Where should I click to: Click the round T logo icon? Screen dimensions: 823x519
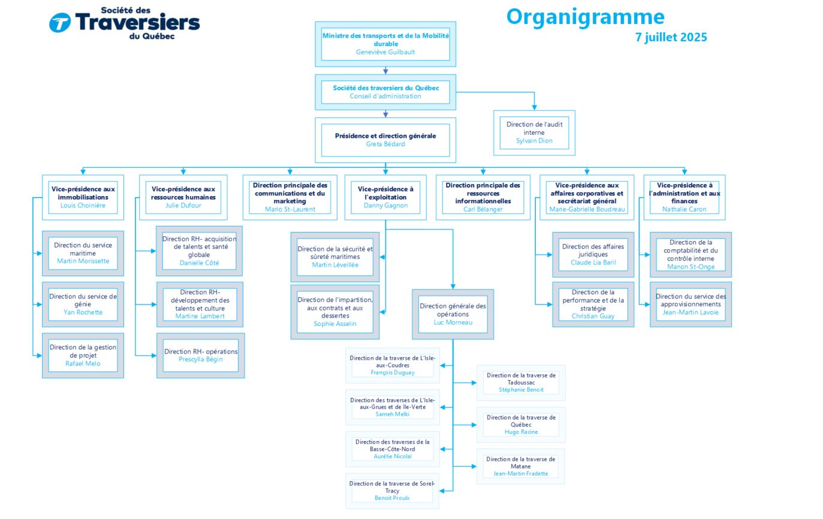(59, 23)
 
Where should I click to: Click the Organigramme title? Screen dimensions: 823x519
(585, 17)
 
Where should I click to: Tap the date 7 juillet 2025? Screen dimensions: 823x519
(671, 38)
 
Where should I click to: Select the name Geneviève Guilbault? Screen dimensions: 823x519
(385, 52)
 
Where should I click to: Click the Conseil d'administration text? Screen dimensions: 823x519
(385, 96)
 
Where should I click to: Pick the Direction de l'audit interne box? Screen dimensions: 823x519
(534, 133)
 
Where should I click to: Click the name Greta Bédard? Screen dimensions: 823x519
(385, 144)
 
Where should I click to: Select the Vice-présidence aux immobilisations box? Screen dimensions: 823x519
(83, 197)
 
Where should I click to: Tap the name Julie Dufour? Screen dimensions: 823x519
(183, 206)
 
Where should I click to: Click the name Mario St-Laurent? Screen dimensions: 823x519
(290, 209)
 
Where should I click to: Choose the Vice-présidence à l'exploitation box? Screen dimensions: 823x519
(385, 197)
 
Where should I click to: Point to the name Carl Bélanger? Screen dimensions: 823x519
(483, 209)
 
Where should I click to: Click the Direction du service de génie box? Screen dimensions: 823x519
(83, 304)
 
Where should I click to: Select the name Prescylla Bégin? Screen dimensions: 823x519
(201, 359)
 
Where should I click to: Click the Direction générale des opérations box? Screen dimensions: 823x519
(453, 315)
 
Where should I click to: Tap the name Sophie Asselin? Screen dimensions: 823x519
(334, 324)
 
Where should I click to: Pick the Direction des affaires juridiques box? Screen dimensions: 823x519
(593, 255)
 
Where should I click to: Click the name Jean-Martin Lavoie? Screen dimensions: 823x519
(691, 313)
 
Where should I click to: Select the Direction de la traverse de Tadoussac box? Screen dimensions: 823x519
(521, 383)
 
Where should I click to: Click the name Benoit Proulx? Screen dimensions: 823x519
(392, 498)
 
